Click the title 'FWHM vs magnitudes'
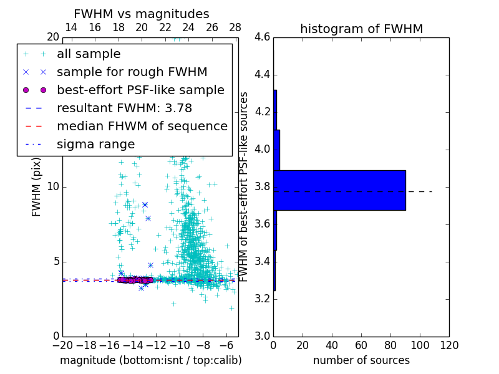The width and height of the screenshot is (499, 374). pyautogui.click(x=142, y=14)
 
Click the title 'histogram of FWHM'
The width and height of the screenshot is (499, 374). pyautogui.click(x=361, y=29)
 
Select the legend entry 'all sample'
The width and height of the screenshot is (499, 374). pyautogui.click(x=89, y=54)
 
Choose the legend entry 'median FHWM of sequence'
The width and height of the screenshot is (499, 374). pyautogui.click(x=142, y=127)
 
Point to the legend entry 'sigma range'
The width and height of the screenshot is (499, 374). pyautogui.click(x=95, y=145)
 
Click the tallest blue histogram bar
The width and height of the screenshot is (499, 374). pyautogui.click(x=339, y=190)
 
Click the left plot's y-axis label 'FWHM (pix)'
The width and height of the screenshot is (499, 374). pyautogui.click(x=37, y=187)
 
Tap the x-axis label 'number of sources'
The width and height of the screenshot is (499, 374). pyautogui.click(x=361, y=360)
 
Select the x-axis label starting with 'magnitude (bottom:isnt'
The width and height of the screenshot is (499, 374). pyautogui.click(x=150, y=360)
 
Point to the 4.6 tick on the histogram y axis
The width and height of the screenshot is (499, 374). pyautogui.click(x=262, y=37)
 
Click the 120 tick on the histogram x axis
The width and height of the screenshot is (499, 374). pyautogui.click(x=448, y=345)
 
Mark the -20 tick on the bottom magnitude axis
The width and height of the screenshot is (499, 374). pyautogui.click(x=62, y=345)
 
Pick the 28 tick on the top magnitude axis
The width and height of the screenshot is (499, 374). pyautogui.click(x=235, y=27)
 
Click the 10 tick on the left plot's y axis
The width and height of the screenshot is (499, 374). pyautogui.click(x=53, y=186)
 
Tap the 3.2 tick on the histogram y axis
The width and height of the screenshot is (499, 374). pyautogui.click(x=262, y=299)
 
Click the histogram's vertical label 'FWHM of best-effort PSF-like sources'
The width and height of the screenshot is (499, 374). pyautogui.click(x=244, y=186)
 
